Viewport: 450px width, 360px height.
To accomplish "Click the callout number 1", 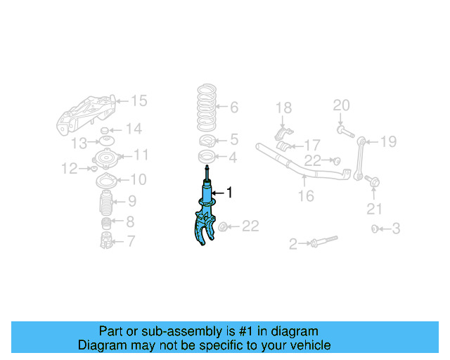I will (x=229, y=192).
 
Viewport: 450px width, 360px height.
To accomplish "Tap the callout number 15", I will (x=139, y=101).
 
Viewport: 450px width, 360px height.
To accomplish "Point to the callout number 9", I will (x=132, y=202).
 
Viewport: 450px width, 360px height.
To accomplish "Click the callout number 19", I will (x=389, y=142).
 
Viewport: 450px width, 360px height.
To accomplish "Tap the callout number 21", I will (x=375, y=209).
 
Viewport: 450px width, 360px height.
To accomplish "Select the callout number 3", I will (x=397, y=229).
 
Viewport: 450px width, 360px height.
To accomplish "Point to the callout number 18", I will (x=283, y=108).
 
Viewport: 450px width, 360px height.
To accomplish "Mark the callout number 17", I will (x=312, y=145).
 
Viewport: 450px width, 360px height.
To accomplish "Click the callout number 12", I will (x=69, y=168).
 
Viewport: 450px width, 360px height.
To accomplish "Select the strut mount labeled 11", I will (x=108, y=157).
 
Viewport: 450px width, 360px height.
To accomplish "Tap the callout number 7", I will (x=131, y=242).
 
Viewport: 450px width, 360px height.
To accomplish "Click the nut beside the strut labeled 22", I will (x=224, y=227).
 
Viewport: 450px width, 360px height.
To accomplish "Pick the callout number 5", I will (x=234, y=139).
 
